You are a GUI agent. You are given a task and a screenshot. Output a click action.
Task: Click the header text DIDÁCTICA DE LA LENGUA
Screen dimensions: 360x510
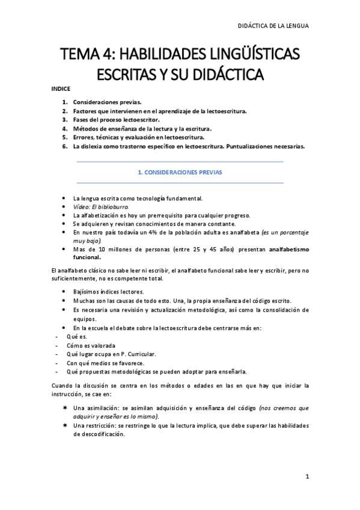tap(274, 26)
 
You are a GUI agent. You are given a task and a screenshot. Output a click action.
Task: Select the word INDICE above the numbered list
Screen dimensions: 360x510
tap(61, 89)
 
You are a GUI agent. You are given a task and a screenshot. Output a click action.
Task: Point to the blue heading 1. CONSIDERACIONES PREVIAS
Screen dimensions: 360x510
tap(180, 172)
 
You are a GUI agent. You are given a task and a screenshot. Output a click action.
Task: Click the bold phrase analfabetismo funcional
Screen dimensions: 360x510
tap(286, 248)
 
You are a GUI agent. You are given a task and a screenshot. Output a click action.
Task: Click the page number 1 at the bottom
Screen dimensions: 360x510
tap(307, 477)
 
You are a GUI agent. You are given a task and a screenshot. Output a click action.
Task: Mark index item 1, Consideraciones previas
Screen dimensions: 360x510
tap(108, 102)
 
